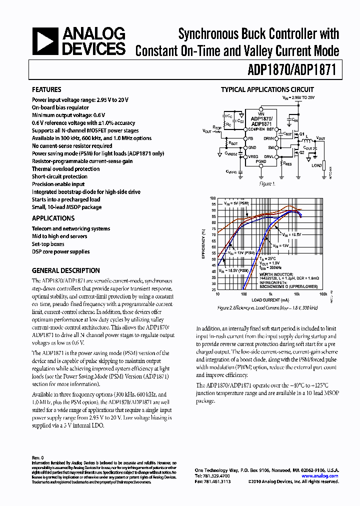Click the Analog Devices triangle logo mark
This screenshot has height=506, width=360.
(46, 41)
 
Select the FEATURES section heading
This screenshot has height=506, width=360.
(46, 89)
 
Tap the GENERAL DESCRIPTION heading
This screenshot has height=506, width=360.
(65, 270)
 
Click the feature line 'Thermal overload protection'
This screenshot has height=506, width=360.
(66, 169)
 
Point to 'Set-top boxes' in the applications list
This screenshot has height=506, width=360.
(48, 244)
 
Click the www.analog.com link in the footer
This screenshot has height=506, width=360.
(320, 476)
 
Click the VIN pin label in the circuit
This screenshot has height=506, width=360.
(260, 112)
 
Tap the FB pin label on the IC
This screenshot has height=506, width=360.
(250, 138)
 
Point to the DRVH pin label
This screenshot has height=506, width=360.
(269, 138)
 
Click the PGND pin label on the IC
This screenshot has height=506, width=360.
(261, 162)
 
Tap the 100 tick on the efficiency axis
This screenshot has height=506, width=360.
(213, 198)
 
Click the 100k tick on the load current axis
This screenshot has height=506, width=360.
(323, 295)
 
